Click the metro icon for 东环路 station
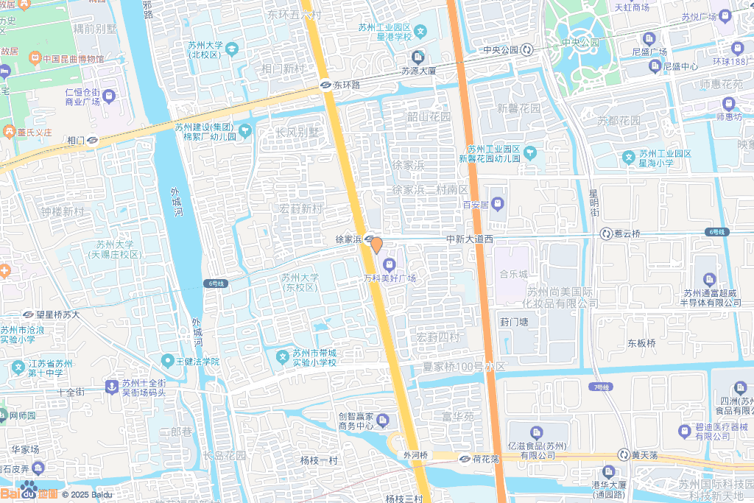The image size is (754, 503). (x=325, y=85)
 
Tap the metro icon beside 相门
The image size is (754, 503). (x=93, y=140)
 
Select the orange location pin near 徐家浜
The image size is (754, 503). (x=376, y=245)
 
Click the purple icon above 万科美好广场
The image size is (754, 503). (x=390, y=264)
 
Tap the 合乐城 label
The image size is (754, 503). (x=514, y=274)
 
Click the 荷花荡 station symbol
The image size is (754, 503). (x=465, y=459)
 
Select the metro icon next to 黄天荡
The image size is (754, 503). (x=623, y=455)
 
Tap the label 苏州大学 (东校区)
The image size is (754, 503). (x=300, y=282)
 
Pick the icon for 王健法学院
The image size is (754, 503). (x=168, y=361)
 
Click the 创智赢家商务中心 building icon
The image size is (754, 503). (x=384, y=420)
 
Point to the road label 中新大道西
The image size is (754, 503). (x=469, y=239)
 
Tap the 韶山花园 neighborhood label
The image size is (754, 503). (x=429, y=116)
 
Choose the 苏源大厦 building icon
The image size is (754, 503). (x=418, y=57)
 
